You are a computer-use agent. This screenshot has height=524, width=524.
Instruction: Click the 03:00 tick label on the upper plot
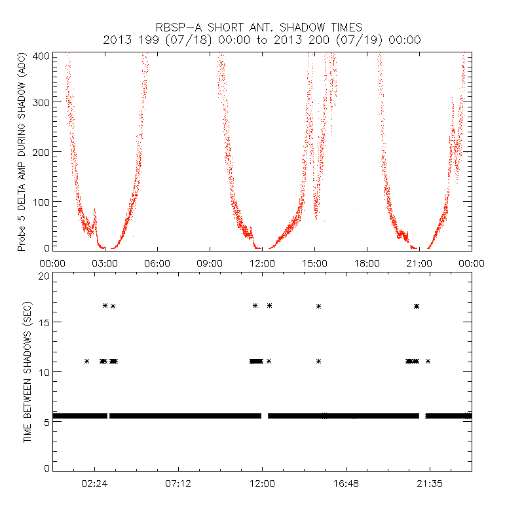(105, 263)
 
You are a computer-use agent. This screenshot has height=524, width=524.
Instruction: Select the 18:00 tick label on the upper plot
(367, 263)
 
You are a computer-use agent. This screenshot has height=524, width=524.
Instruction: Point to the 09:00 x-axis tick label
(210, 263)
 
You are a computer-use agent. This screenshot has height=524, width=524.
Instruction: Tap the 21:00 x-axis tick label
(419, 263)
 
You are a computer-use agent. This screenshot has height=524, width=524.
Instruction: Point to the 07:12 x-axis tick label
(178, 483)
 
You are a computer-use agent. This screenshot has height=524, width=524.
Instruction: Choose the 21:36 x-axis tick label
(430, 483)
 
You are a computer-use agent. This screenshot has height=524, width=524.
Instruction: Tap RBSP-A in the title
(178, 27)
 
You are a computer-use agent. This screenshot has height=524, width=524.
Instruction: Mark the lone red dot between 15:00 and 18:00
(354, 210)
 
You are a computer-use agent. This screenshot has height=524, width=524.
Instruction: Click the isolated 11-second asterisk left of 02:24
(86, 361)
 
